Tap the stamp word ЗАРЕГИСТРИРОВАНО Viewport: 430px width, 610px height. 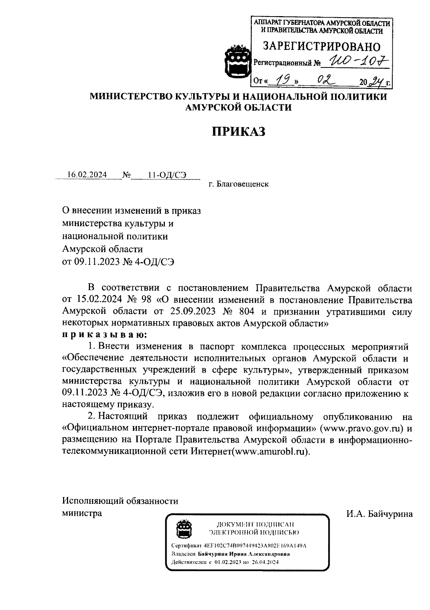coord(321,46)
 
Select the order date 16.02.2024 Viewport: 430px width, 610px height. coord(87,175)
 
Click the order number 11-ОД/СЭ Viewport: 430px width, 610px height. coord(167,175)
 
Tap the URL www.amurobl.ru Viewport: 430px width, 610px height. coord(270,451)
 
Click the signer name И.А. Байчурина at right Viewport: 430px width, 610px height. coord(379,514)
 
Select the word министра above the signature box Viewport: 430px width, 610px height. coord(82,513)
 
